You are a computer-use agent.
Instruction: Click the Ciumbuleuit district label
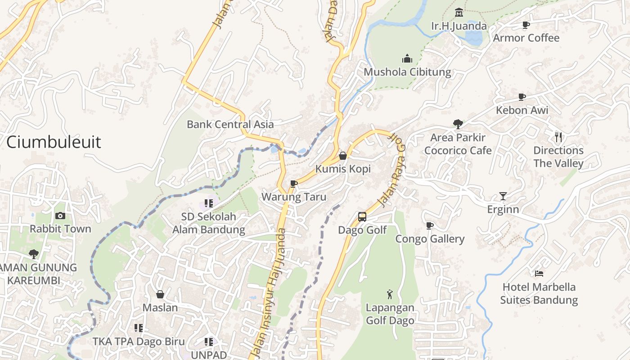click(54, 142)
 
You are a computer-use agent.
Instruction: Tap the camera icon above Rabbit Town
click(60, 216)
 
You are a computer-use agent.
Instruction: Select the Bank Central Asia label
click(230, 124)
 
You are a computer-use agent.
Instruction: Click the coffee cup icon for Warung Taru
click(294, 184)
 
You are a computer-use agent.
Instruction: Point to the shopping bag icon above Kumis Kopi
click(343, 156)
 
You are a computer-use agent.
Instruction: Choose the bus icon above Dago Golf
click(362, 217)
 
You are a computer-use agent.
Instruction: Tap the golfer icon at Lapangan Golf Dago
click(390, 295)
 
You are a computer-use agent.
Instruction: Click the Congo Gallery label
click(430, 239)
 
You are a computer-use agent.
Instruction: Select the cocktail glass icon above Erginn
click(503, 196)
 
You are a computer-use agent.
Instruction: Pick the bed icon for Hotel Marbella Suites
click(539, 274)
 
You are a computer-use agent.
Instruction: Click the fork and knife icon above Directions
click(558, 137)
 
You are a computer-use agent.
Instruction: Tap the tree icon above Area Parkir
click(458, 124)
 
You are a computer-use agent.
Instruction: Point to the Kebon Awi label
click(522, 110)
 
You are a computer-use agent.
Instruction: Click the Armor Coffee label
click(526, 38)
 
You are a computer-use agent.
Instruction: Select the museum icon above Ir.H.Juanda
click(459, 12)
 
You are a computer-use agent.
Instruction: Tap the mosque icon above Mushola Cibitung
click(407, 58)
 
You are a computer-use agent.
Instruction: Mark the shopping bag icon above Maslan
click(160, 294)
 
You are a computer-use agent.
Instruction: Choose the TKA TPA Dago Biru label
click(139, 342)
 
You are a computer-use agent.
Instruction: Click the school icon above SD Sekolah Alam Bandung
click(208, 203)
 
